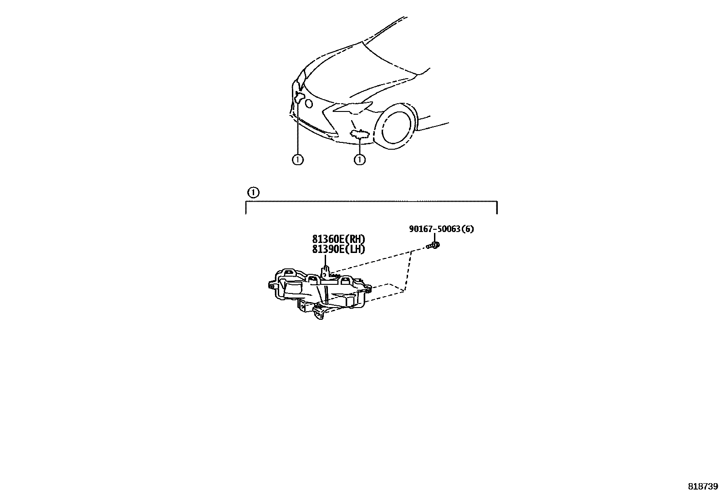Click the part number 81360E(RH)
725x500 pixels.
[x=338, y=239]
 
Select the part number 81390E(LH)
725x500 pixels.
[x=338, y=249]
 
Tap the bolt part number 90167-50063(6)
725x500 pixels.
[x=441, y=229]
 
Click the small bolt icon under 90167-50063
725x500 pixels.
[x=434, y=246]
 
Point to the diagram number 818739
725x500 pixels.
[x=703, y=486]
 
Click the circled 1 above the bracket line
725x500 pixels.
[x=254, y=192]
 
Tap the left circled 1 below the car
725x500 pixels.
[x=297, y=160]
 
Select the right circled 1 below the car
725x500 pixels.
[x=360, y=160]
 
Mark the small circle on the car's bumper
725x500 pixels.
[x=309, y=104]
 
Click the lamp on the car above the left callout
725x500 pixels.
[x=299, y=96]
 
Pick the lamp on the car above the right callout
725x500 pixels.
[x=359, y=133]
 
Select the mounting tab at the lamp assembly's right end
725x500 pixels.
[x=368, y=288]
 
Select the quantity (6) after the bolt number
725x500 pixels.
[x=468, y=229]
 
